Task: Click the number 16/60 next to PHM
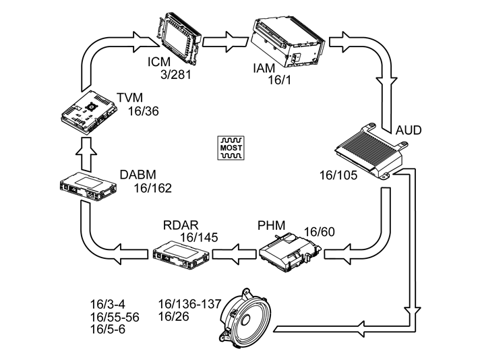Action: pos(319,232)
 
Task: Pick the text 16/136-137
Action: pos(189,303)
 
